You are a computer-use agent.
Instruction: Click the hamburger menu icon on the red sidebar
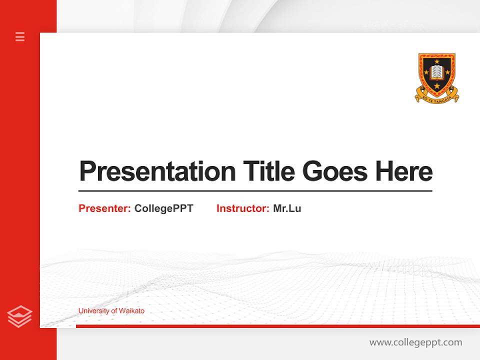point(20,36)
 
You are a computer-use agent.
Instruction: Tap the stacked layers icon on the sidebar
point(19,316)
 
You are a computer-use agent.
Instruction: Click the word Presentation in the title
point(157,171)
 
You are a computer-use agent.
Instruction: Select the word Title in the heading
point(269,171)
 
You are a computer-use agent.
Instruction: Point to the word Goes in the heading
point(335,171)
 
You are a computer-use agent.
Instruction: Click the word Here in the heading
point(403,171)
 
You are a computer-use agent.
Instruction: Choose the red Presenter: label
point(104,208)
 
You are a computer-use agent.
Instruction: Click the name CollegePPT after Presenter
point(163,208)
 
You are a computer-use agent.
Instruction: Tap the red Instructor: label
point(242,208)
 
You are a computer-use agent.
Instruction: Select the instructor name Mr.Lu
point(287,208)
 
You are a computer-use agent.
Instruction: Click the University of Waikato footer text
point(111,311)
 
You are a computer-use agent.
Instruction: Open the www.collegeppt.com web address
point(415,342)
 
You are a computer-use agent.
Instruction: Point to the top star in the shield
point(437,61)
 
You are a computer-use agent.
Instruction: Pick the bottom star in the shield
point(437,85)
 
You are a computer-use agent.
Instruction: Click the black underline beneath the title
point(255,191)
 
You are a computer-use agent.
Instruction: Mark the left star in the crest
point(426,73)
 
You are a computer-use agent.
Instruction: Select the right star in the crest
point(447,73)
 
